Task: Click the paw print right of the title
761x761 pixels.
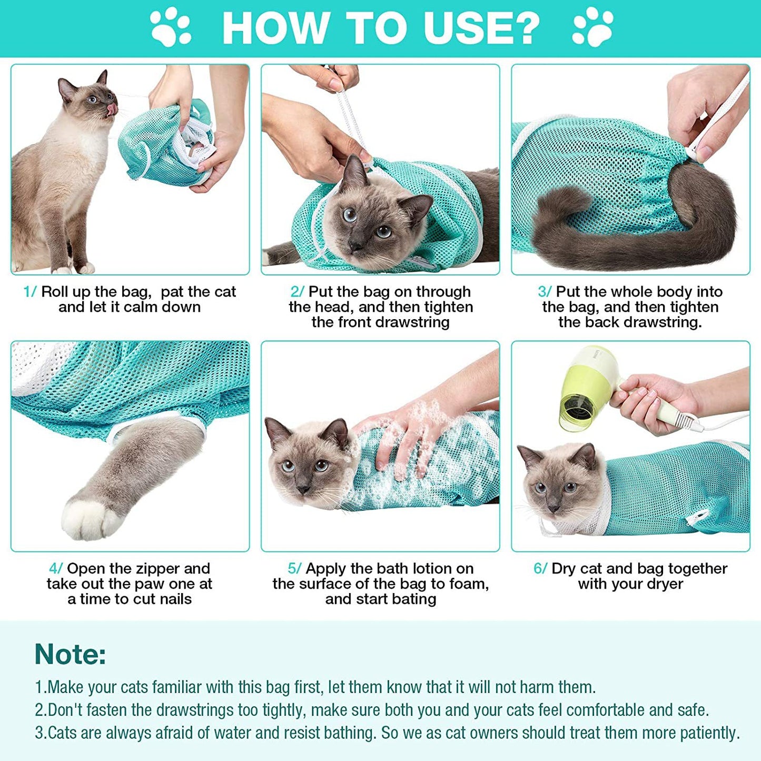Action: click(x=592, y=27)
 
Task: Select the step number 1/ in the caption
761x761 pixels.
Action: click(x=30, y=292)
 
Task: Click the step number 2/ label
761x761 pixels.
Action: click(x=297, y=292)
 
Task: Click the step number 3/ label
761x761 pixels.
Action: click(x=545, y=292)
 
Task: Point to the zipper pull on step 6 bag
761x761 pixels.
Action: click(x=693, y=519)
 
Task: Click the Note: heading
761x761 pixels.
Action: click(x=70, y=654)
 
